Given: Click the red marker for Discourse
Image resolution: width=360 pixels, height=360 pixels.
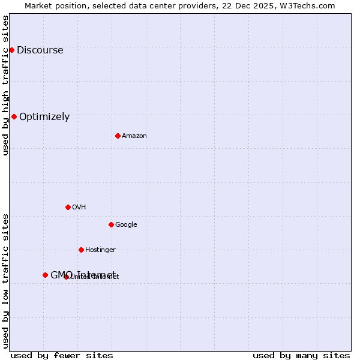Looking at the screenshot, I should [x=11, y=50].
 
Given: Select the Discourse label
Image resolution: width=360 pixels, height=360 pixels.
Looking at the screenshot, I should [x=40, y=50].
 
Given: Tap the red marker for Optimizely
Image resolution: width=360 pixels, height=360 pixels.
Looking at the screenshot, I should [x=14, y=116].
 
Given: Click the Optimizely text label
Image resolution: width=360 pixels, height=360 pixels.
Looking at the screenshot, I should [x=44, y=117].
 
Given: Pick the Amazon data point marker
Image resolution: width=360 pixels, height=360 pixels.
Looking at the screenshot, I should [x=118, y=136].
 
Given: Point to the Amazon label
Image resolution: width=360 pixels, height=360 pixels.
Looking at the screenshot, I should [x=134, y=136].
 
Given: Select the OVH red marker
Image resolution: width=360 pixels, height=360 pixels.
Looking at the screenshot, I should [x=68, y=207].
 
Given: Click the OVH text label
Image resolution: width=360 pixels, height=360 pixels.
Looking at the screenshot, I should [x=79, y=208].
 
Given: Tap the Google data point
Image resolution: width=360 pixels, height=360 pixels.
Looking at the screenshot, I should [x=111, y=224].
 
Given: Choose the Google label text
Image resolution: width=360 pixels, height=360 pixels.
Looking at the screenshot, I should [x=126, y=225].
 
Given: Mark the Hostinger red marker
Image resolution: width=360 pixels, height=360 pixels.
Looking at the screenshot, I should [x=81, y=250].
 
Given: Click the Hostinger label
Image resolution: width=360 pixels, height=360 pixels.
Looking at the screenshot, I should [x=100, y=250].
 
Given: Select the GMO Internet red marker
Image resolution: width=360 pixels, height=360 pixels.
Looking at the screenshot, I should [x=45, y=275].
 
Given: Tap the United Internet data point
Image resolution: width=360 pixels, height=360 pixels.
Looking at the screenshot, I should [x=66, y=277].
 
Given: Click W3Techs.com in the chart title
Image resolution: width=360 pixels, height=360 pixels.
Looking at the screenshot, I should [x=306, y=5].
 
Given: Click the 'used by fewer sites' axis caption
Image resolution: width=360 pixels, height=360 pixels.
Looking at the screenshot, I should [x=62, y=355].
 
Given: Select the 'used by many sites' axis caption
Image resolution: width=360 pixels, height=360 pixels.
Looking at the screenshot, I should [x=301, y=355].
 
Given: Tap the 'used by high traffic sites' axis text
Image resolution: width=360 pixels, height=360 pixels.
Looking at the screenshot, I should [x=5, y=85].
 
